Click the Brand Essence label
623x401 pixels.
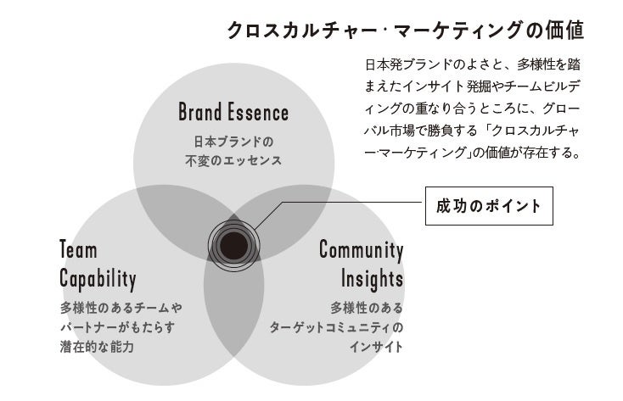(x=233, y=112)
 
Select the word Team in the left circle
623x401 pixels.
(x=79, y=250)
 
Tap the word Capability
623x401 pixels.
(x=98, y=277)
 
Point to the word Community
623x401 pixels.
(x=361, y=250)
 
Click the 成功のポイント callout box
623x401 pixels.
(x=488, y=206)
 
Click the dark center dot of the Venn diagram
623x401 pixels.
(x=230, y=243)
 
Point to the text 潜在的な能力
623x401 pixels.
(x=97, y=347)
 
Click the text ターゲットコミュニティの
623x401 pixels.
(x=337, y=326)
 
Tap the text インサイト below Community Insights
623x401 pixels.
(x=376, y=347)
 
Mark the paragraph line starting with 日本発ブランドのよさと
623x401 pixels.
(x=472, y=64)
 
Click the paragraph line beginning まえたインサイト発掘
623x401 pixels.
(x=472, y=86)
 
